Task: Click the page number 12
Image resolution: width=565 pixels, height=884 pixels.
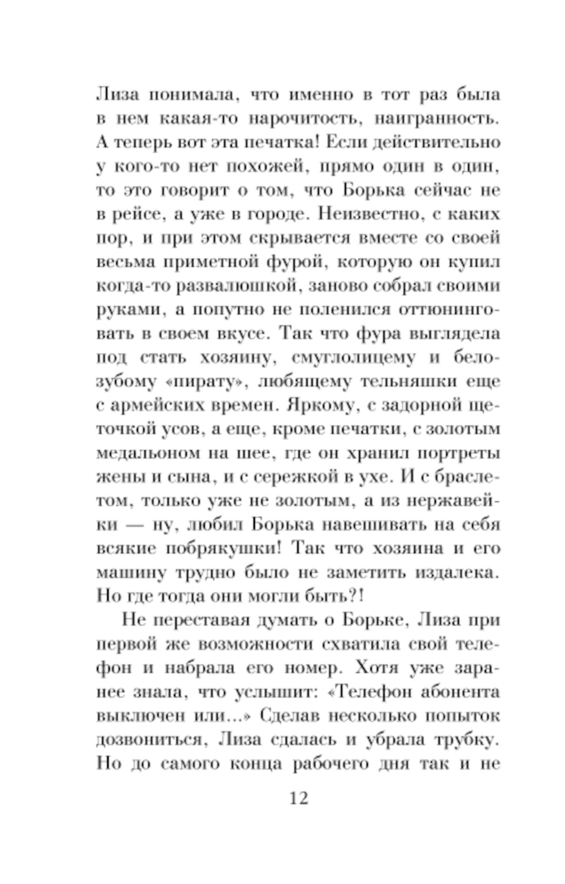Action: tap(299, 798)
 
